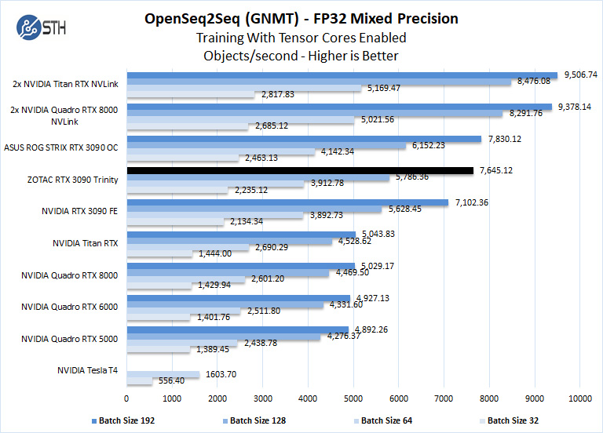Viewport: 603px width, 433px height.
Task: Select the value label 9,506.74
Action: (x=579, y=75)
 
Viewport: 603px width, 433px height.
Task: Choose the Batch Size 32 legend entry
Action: (x=512, y=420)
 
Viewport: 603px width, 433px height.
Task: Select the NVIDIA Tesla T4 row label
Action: (x=87, y=370)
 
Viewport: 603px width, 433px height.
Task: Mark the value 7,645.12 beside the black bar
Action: (x=496, y=170)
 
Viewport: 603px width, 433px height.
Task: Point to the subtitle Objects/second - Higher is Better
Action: (x=301, y=56)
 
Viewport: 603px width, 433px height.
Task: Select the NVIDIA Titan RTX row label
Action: (x=87, y=243)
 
